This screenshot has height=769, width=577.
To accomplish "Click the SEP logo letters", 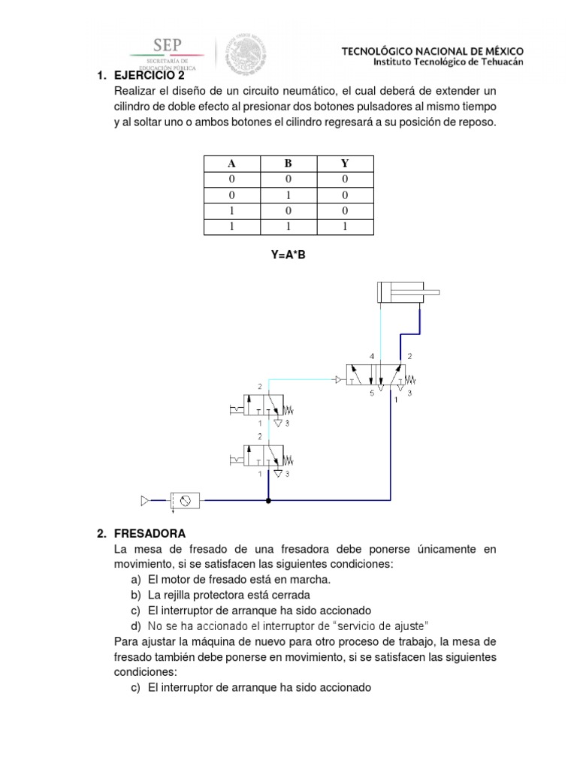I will pos(168,44).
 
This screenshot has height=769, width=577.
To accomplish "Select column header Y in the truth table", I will pos(345,163).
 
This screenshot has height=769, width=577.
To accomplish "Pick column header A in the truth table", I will pos(232,163).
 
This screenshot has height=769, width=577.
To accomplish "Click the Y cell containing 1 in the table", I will pos(345,226).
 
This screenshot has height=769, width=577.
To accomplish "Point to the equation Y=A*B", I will pos(288,255).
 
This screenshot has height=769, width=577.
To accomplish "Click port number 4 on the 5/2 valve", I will pos(371,355).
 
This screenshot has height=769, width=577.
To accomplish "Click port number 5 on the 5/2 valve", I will pos(371,392).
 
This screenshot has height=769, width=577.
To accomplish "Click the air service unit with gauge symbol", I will pos(184,499).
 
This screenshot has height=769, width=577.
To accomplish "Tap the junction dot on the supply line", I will pos(268,499).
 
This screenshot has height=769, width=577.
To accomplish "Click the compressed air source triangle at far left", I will pos(145,499).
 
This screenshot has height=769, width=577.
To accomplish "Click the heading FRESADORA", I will pos(150,534).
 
